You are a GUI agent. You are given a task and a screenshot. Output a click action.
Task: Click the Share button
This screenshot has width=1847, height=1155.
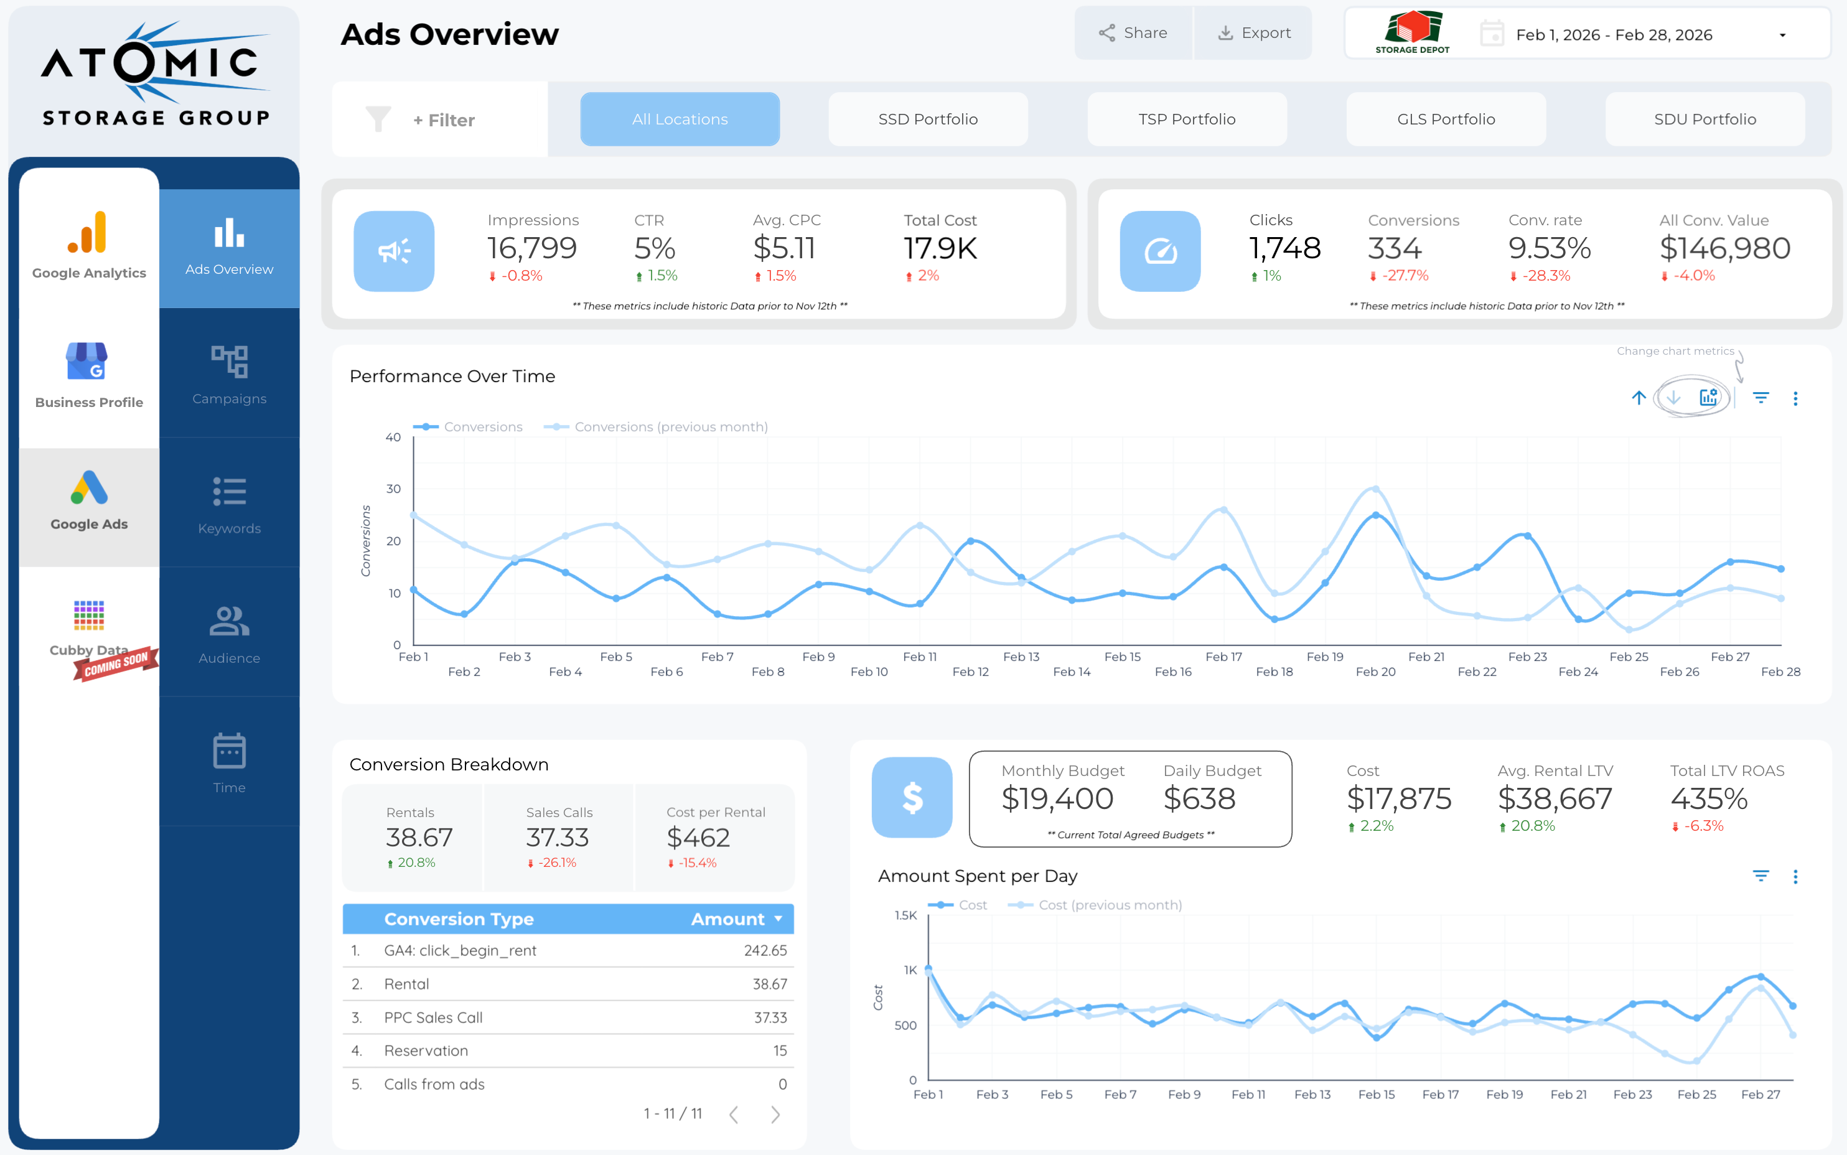pos(1133,33)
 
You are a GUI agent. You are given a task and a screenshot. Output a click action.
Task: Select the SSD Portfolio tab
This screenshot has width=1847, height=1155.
pos(927,119)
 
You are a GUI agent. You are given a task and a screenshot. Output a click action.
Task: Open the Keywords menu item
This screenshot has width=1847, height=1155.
pos(229,504)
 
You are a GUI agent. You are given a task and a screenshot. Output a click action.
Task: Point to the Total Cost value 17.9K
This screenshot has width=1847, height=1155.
pos(940,248)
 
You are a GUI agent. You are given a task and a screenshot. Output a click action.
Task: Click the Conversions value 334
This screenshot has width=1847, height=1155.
pos(1394,248)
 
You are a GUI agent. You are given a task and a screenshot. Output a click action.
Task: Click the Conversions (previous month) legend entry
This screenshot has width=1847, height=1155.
pos(670,427)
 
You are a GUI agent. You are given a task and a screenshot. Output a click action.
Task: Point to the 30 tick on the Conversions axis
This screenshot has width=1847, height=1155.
pos(393,489)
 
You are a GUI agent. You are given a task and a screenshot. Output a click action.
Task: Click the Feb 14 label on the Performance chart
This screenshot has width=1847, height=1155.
pos(1072,671)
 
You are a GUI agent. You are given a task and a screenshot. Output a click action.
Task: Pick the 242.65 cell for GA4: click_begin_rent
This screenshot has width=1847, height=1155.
pos(765,950)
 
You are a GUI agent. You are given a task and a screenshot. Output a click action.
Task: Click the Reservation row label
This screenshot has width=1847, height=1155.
pos(426,1050)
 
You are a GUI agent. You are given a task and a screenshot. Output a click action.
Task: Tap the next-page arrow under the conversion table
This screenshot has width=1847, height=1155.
pos(775,1115)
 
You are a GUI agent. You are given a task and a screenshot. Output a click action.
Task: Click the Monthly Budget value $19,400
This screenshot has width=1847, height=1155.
pos(1057,799)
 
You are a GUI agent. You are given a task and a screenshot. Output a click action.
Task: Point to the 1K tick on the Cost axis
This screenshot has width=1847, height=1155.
pos(910,970)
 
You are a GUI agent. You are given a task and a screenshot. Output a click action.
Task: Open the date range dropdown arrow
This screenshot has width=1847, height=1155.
pos(1782,35)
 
